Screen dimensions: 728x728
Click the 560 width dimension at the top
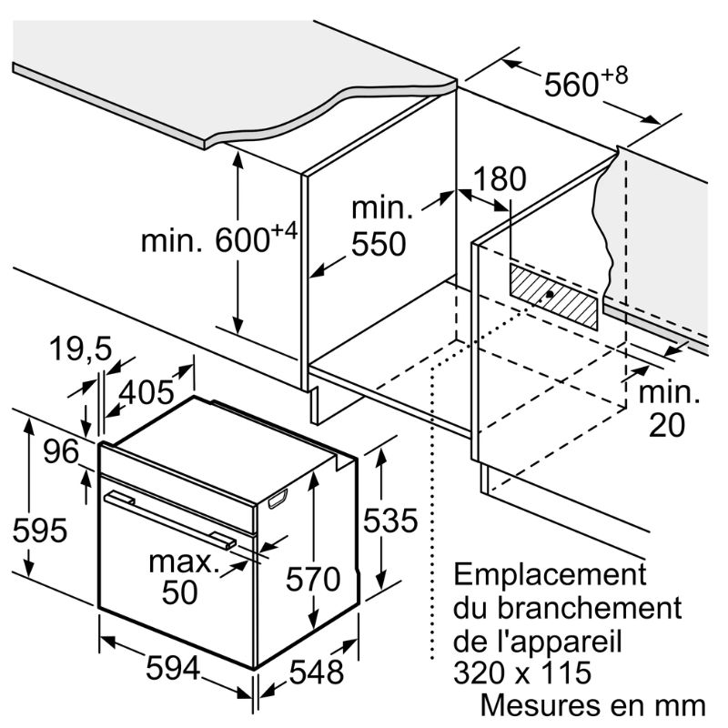[x=571, y=85]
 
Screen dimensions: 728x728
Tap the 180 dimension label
[x=500, y=178]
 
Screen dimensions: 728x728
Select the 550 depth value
[x=379, y=244]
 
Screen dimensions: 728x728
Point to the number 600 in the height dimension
[x=242, y=240]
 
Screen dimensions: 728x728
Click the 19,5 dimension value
[x=80, y=349]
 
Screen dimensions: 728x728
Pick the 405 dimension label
[x=147, y=392]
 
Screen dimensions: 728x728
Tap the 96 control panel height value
[x=61, y=450]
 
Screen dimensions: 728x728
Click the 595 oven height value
[x=40, y=530]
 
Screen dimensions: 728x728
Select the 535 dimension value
[x=390, y=520]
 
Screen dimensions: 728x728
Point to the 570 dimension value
[x=313, y=579]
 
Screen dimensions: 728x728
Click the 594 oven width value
[x=173, y=668]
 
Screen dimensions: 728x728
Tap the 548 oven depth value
[x=316, y=672]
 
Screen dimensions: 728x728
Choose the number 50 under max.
[x=179, y=591]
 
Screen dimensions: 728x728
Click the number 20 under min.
[x=667, y=424]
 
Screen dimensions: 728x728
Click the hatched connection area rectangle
[x=553, y=297]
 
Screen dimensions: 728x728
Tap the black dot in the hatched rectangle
[x=550, y=294]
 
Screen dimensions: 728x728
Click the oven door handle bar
[x=170, y=520]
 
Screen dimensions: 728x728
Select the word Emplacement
[x=550, y=574]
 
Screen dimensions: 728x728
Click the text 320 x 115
[x=521, y=672]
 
